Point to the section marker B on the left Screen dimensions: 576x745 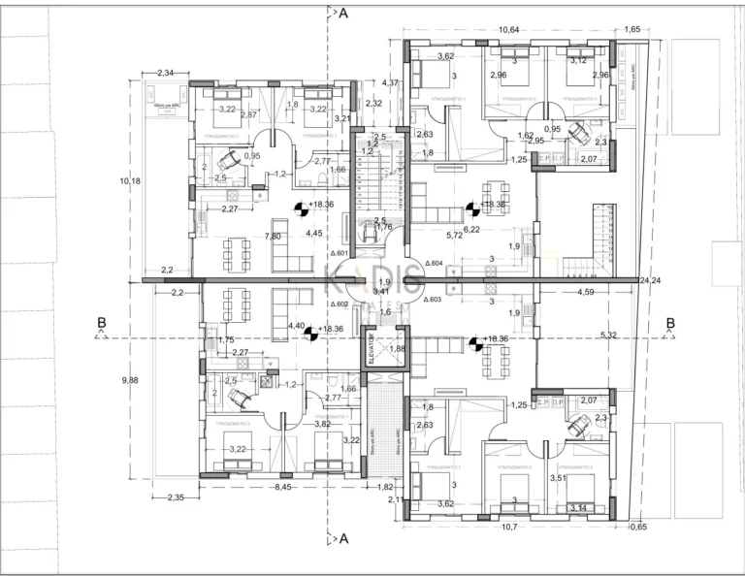[101, 324]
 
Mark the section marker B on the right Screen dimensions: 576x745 [669, 324]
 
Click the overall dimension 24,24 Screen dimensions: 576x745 [650, 281]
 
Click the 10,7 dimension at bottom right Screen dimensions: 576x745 [508, 528]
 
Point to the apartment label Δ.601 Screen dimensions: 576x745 [339, 254]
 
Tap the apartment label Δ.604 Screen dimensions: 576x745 [435, 263]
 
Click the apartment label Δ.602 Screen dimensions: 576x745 [339, 304]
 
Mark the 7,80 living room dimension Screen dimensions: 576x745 [274, 236]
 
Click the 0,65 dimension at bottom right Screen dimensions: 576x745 [637, 528]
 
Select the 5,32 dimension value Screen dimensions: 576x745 [608, 336]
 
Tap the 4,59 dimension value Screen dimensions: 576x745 [585, 291]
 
